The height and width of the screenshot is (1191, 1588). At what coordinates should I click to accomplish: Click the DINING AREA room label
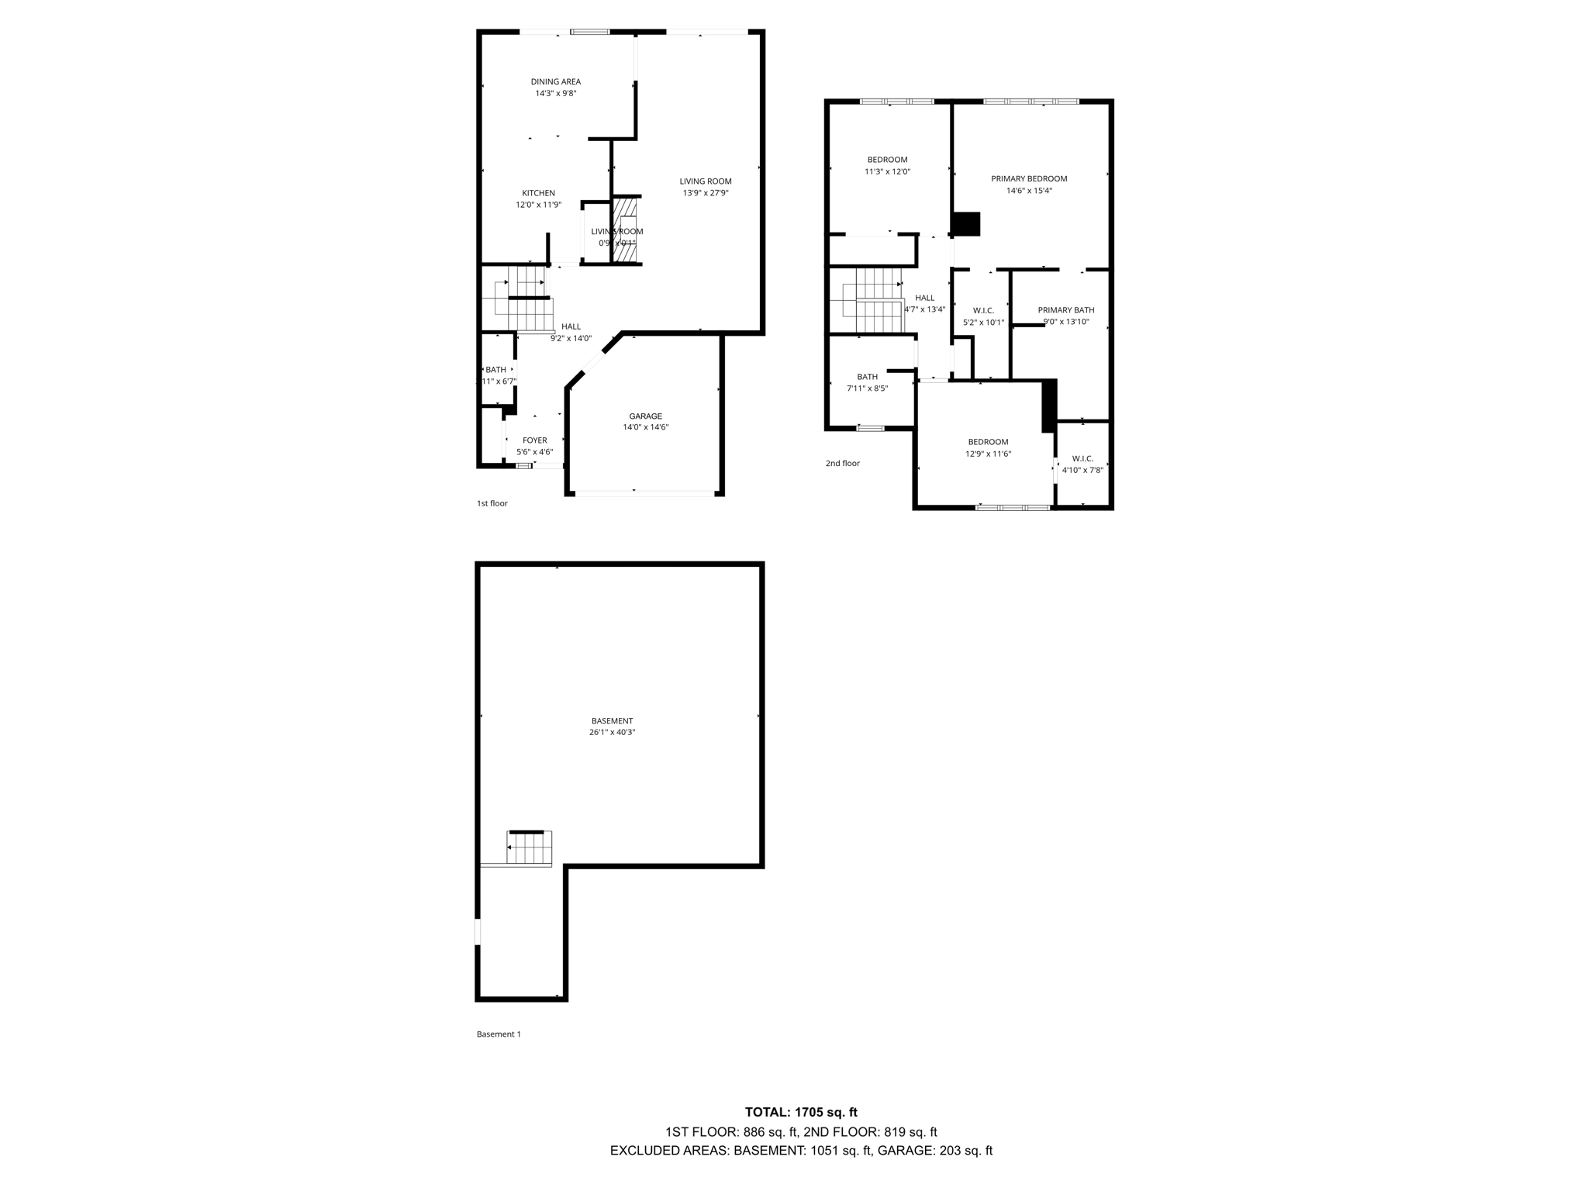tap(555, 82)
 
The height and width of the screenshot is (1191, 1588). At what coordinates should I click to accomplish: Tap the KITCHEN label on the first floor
tap(538, 194)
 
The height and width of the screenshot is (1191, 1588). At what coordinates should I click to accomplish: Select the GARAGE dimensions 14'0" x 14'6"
tap(645, 427)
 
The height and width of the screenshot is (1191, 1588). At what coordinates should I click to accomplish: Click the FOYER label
tap(534, 440)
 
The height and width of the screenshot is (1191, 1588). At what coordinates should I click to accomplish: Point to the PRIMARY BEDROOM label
tap(1029, 179)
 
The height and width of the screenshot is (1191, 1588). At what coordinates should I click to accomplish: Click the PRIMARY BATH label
tap(1066, 310)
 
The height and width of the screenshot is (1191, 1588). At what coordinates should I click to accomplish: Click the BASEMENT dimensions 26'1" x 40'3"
tap(612, 732)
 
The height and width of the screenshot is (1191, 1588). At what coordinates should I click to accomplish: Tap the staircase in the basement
tap(530, 848)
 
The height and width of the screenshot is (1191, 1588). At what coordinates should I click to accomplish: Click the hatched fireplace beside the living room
tap(625, 230)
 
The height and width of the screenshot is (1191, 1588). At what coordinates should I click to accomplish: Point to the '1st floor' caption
tap(492, 503)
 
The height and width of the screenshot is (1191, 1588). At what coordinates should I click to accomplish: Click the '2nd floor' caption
tap(842, 464)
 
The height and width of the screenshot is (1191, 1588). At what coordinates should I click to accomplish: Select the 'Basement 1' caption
tap(499, 1034)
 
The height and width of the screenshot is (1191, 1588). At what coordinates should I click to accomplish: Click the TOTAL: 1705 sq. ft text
tap(801, 1112)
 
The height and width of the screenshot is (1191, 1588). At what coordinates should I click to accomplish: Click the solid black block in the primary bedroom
tap(966, 224)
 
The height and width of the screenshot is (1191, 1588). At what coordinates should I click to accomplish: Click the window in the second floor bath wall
tap(870, 428)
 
